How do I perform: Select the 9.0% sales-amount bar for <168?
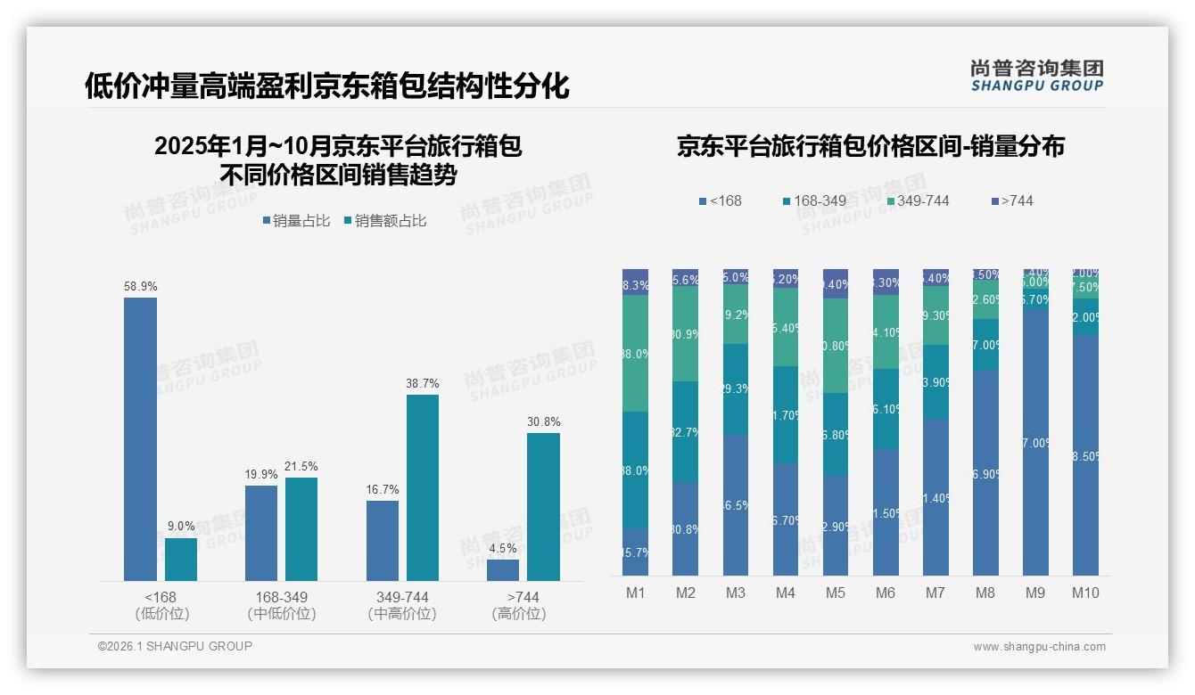pyautogui.click(x=181, y=560)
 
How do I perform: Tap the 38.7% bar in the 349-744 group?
pyautogui.click(x=423, y=487)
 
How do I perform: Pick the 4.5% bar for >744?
pyautogui.click(x=503, y=570)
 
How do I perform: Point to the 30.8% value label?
pyautogui.click(x=543, y=421)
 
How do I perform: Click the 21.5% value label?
pyautogui.click(x=301, y=466)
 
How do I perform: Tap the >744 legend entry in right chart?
pyautogui.click(x=1011, y=200)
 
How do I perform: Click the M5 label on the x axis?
pyautogui.click(x=835, y=593)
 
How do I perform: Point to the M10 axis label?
pyautogui.click(x=1085, y=593)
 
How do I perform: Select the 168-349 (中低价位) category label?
pyautogui.click(x=281, y=605)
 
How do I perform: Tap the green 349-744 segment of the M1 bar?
pyautogui.click(x=636, y=353)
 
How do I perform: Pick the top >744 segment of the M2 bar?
pyautogui.click(x=685, y=278)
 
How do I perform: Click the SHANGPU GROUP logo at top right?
pyautogui.click(x=1036, y=75)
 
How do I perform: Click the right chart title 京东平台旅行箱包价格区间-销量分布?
pyautogui.click(x=870, y=146)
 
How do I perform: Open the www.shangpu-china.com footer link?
pyautogui.click(x=1039, y=647)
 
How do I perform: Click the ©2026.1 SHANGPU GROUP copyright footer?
pyautogui.click(x=175, y=646)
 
